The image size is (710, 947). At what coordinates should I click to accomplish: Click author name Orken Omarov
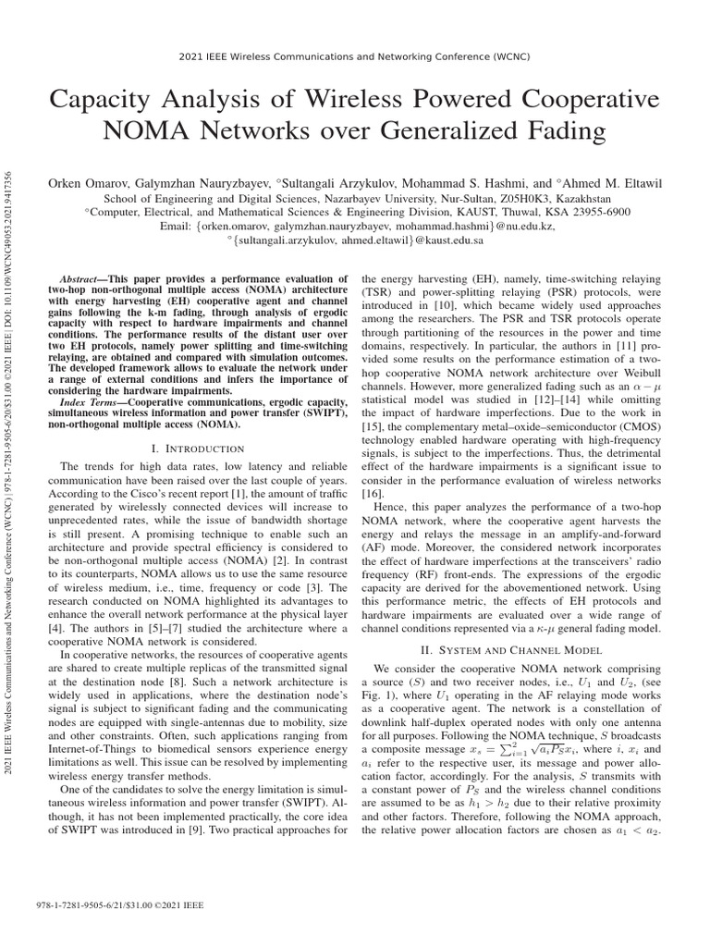point(93,185)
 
